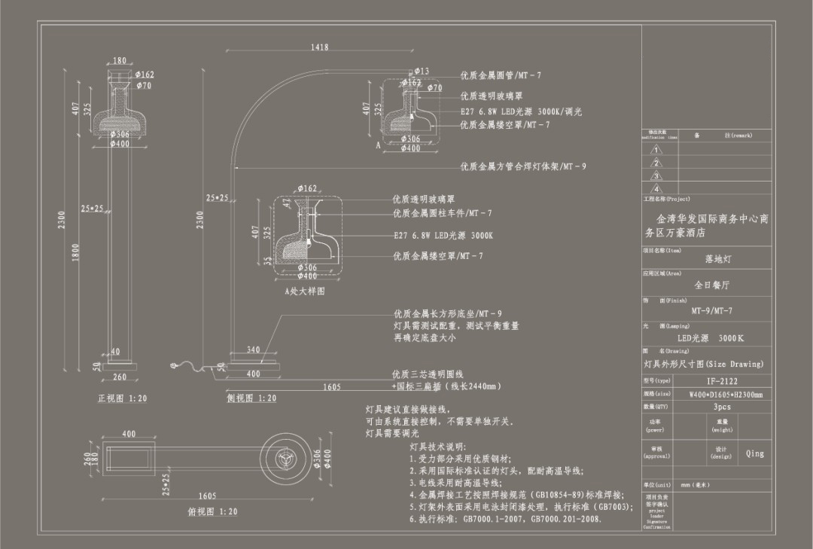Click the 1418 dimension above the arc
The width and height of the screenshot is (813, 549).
click(x=319, y=47)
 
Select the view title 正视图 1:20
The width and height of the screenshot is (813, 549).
click(x=123, y=398)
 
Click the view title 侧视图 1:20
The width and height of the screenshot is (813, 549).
click(x=251, y=398)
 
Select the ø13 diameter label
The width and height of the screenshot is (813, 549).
click(x=422, y=72)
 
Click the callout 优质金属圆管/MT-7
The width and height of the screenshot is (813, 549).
click(x=501, y=76)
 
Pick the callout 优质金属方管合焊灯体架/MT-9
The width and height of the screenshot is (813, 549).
click(x=523, y=166)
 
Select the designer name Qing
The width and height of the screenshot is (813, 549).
click(x=754, y=453)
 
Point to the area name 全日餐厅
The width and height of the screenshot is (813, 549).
click(x=711, y=285)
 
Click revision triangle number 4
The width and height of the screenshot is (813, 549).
click(x=657, y=188)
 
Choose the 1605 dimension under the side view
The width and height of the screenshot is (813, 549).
click(x=332, y=387)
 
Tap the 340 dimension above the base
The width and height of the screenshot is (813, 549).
click(x=253, y=349)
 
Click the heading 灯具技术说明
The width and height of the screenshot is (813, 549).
click(x=438, y=447)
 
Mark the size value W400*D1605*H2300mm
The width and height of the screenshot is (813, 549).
click(x=726, y=394)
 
